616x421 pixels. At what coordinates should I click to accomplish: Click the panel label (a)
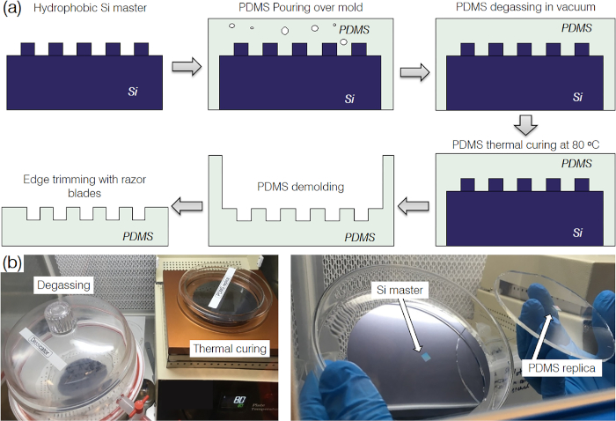(13, 11)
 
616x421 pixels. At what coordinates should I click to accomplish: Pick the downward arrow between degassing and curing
(525, 123)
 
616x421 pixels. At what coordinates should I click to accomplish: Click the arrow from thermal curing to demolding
(411, 206)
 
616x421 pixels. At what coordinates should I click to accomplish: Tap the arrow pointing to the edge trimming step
(183, 206)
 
